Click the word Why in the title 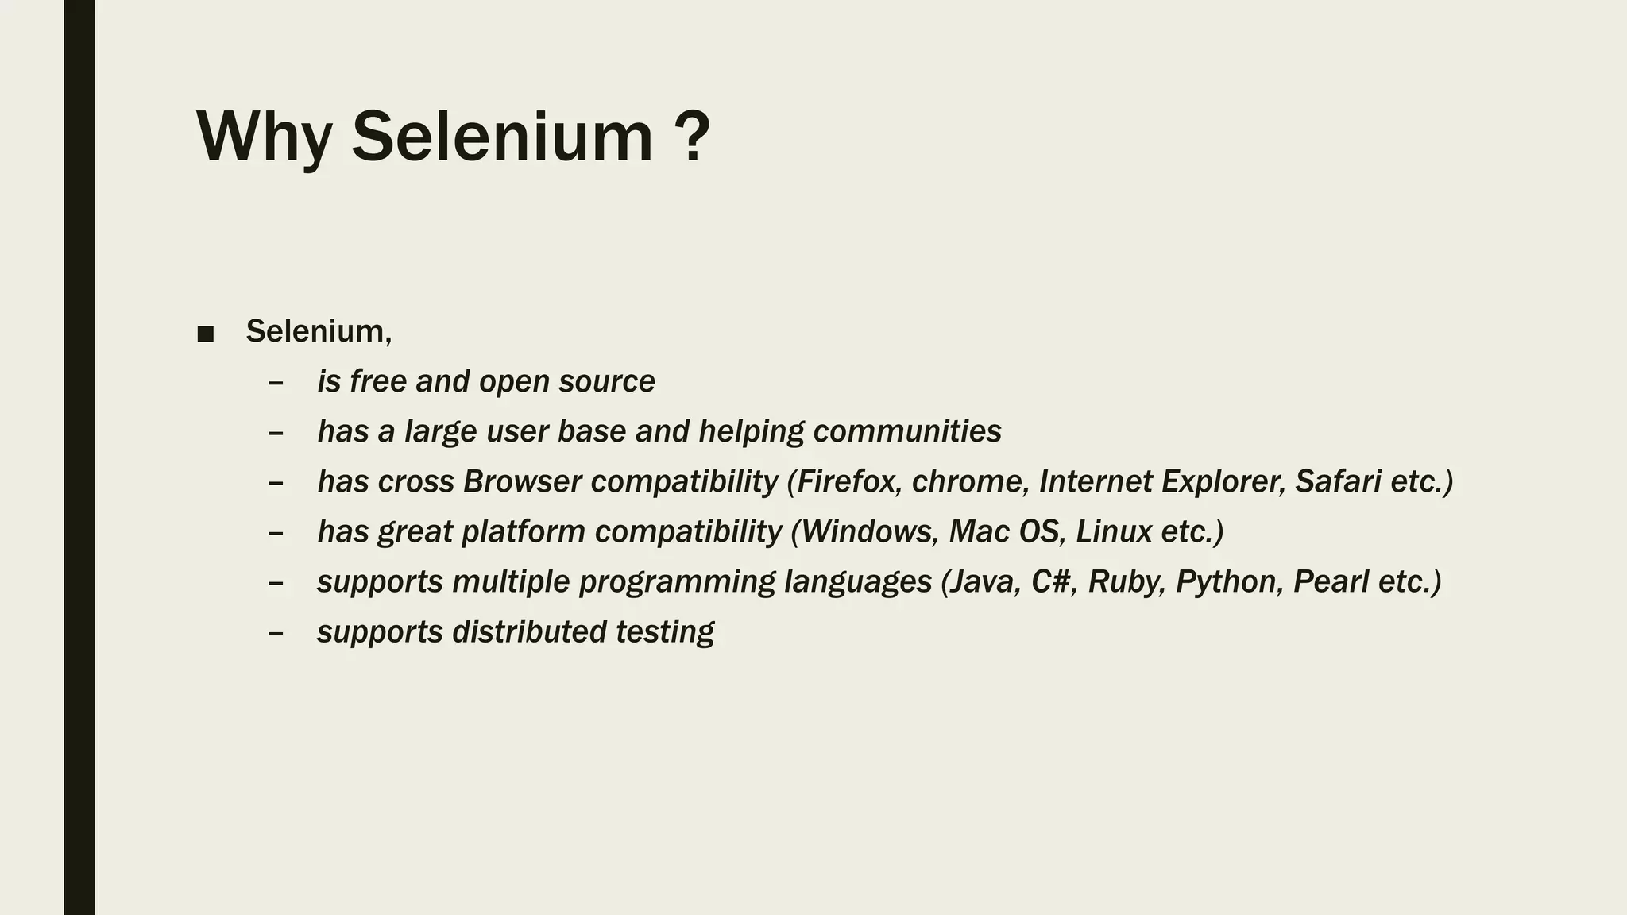(264, 137)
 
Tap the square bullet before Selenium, (205, 334)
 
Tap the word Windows (869, 531)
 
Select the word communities (907, 431)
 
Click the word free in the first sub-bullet (378, 381)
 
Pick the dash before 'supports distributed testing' (276, 633)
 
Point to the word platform (523, 531)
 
